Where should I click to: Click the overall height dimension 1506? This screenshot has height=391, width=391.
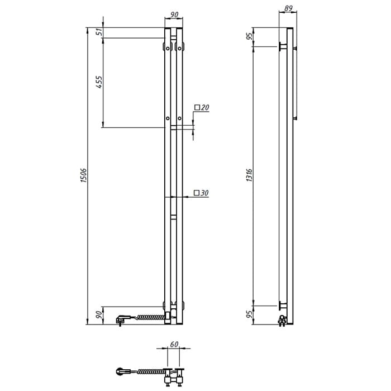point(84,175)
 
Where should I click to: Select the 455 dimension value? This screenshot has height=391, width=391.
point(99,82)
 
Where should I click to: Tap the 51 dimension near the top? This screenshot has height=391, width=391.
point(99,32)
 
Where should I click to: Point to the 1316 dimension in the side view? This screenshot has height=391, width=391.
point(249,175)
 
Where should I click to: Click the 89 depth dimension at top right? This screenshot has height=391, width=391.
point(288,8)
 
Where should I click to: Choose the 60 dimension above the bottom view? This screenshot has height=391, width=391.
point(174,344)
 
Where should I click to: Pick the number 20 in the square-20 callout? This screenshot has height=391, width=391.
point(205,108)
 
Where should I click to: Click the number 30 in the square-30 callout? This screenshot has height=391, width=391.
point(205,193)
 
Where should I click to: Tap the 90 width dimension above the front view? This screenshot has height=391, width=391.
point(174,15)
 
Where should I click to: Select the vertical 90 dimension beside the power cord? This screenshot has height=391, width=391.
point(99,314)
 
